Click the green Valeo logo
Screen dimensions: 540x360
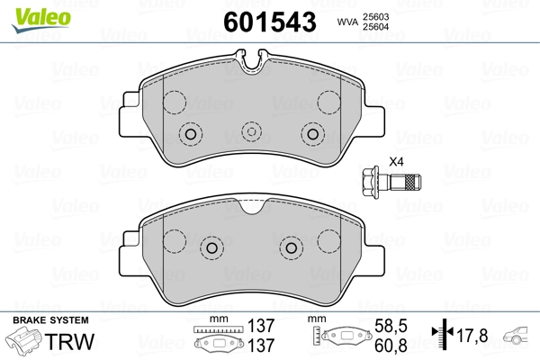[x=41, y=20]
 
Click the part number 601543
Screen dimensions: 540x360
[x=270, y=22]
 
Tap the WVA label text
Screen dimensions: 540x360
[x=347, y=22]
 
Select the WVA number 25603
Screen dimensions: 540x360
[x=375, y=16]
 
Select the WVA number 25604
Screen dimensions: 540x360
[x=375, y=26]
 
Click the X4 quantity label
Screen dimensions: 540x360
[x=396, y=162]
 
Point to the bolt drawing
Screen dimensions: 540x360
[x=391, y=182]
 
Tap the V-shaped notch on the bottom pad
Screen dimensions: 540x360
[x=251, y=206]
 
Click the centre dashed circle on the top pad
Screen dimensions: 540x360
[x=251, y=132]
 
